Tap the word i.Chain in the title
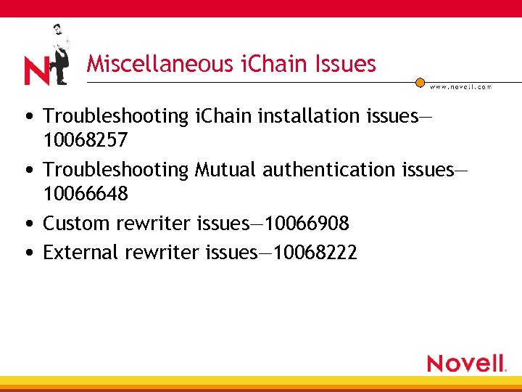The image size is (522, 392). pos(266,64)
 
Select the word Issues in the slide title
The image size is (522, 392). pos(345,64)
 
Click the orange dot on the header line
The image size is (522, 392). pos(420,83)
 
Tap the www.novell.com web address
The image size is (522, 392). pos(460,87)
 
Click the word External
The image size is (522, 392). pos(81,252)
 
